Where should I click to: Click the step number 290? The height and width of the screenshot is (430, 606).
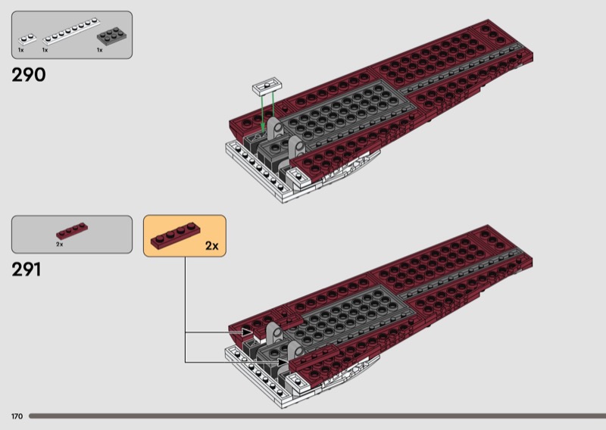[29, 74]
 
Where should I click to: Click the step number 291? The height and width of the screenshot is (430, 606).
[27, 270]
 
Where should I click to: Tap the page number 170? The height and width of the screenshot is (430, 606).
[17, 416]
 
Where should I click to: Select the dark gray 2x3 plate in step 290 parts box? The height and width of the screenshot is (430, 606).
[113, 36]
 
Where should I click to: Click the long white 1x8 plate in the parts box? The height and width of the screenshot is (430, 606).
[71, 31]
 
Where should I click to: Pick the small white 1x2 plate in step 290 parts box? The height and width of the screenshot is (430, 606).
[27, 39]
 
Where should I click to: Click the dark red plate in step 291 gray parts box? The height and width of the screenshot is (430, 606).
[72, 231]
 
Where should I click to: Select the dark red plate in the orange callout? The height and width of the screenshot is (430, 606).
[176, 235]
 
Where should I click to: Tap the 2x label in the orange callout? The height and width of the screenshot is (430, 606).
[212, 246]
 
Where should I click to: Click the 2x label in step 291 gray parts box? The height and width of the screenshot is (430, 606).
[60, 245]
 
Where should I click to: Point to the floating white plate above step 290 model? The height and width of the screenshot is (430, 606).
[267, 86]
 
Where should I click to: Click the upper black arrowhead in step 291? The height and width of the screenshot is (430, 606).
[247, 332]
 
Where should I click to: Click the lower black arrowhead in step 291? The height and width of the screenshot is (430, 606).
[283, 362]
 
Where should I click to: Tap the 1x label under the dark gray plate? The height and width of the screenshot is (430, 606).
[100, 50]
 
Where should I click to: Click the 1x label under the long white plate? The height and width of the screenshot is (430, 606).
[45, 50]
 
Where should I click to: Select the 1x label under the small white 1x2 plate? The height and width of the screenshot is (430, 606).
[21, 50]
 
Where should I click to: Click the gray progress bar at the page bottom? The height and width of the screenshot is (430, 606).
[317, 416]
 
